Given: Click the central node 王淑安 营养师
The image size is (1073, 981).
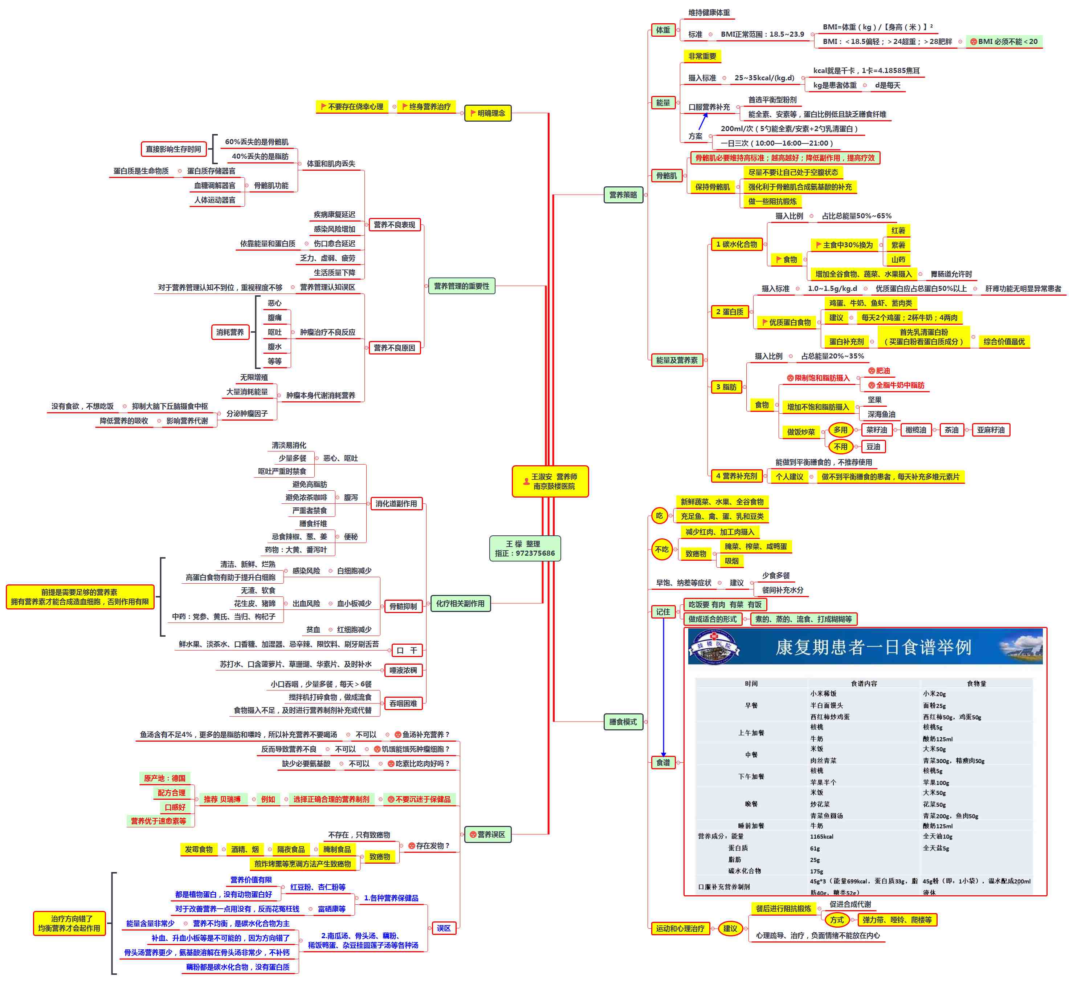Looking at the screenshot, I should tap(550, 481).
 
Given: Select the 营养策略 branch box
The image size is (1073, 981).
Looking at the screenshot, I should tap(623, 195).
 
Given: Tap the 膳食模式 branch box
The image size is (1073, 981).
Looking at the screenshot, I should tap(623, 722).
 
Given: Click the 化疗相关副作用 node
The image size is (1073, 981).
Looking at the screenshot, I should tap(460, 603).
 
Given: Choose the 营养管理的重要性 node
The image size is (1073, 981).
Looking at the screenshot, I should tap(461, 286).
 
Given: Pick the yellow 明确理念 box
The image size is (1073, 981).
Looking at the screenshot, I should tap(487, 113).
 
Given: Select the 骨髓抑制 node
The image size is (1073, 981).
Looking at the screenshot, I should tap(403, 606).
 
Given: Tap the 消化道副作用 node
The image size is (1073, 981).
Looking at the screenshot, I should tap(396, 504).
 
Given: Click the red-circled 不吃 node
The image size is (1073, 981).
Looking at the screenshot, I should tap(662, 549).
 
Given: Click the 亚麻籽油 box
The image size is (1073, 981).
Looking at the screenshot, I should tap(991, 430).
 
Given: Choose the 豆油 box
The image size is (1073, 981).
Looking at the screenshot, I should tap(873, 446).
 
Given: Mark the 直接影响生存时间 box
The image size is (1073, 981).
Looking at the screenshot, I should tap(174, 149).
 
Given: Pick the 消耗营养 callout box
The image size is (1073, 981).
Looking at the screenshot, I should tap(230, 332).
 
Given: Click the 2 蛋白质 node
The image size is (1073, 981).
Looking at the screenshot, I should tap(729, 312).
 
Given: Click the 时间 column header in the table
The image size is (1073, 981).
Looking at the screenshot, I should tap(751, 683).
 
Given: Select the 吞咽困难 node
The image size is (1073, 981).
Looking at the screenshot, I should tap(403, 703).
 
